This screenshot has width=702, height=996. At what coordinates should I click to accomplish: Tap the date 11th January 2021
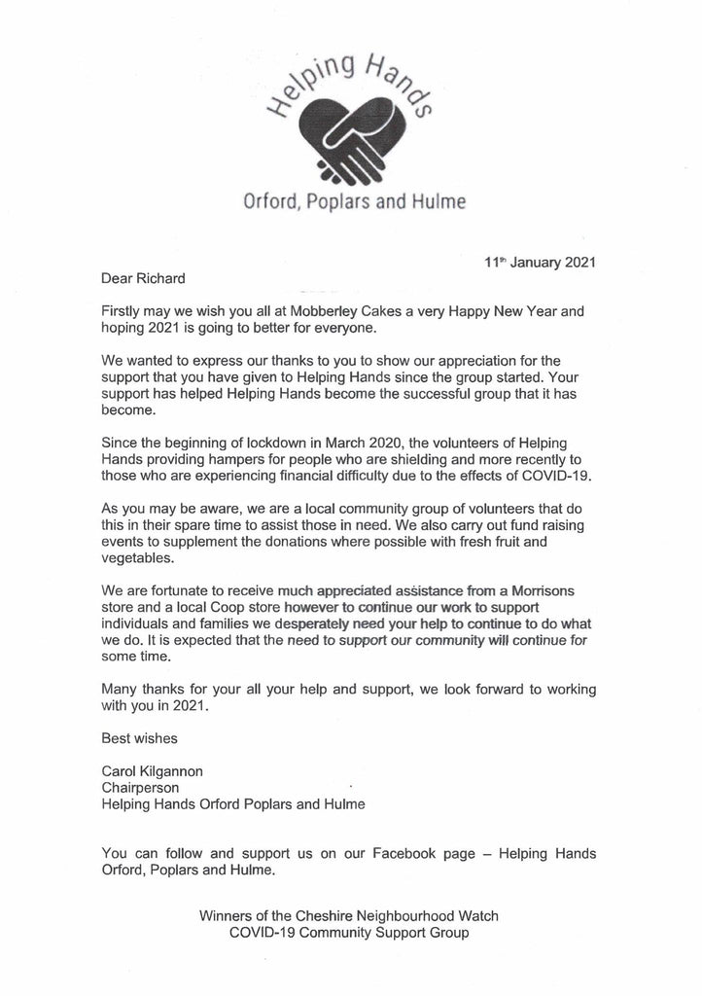541,262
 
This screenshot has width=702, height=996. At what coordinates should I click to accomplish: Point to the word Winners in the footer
227,916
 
